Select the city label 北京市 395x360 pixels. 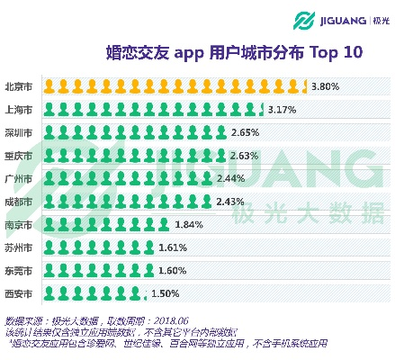(19, 87)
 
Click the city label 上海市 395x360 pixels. (19, 110)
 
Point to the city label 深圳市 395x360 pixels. (19, 133)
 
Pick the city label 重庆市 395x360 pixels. (19, 156)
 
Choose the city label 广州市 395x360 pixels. (19, 178)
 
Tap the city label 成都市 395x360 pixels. (19, 201)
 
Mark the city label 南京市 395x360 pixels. (19, 224)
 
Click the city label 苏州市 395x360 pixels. (19, 247)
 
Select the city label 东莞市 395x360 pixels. (19, 270)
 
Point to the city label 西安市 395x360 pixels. (19, 292)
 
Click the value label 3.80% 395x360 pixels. (325, 88)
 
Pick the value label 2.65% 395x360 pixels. (245, 133)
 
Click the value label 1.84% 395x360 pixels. (189, 224)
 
